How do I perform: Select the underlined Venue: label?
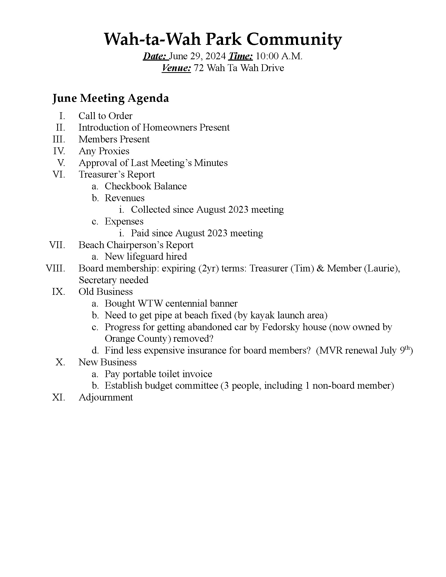click(176, 68)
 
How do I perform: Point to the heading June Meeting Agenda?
click(110, 98)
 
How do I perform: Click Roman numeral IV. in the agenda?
click(59, 151)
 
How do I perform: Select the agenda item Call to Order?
click(105, 116)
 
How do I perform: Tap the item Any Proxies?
click(104, 151)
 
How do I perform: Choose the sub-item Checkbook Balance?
click(146, 186)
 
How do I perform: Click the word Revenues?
click(124, 198)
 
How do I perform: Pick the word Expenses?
click(124, 221)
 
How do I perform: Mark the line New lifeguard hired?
click(146, 257)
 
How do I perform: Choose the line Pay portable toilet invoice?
click(158, 374)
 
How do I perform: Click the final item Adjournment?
click(106, 398)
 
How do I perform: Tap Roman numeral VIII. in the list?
click(55, 268)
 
